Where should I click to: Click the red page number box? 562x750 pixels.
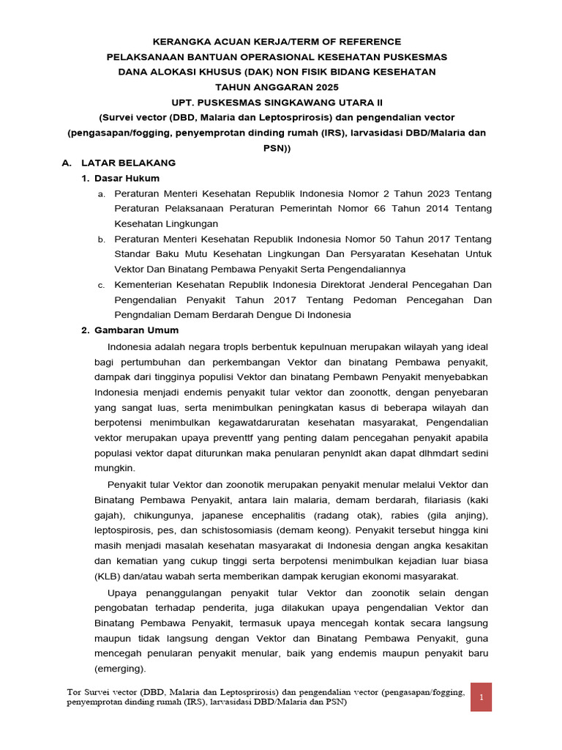(482, 697)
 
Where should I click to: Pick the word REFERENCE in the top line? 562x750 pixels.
(368, 42)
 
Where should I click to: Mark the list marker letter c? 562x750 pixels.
(102, 285)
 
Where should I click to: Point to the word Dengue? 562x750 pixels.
(256, 315)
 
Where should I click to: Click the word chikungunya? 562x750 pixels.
(162, 516)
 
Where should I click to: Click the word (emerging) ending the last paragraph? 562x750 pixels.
(120, 669)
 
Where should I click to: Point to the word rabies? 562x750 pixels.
(403, 516)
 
